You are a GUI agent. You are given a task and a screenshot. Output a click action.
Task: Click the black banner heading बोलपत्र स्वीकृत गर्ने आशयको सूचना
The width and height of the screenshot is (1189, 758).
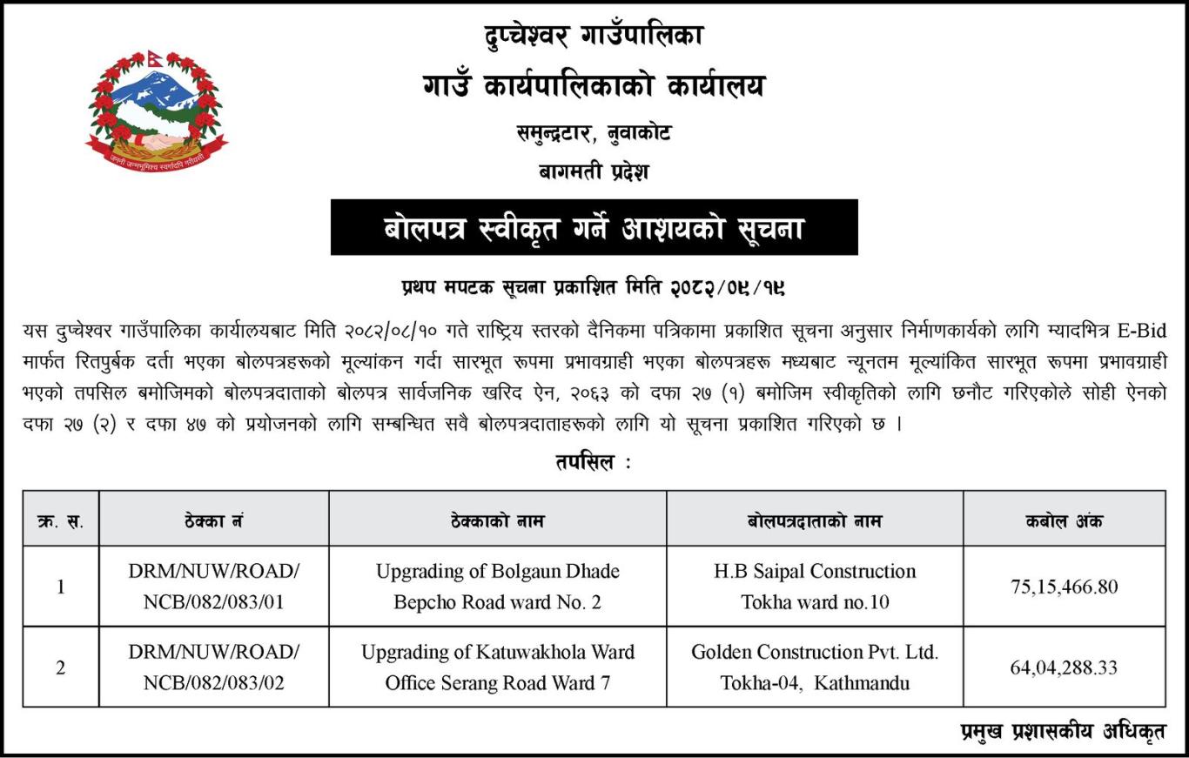click(x=594, y=228)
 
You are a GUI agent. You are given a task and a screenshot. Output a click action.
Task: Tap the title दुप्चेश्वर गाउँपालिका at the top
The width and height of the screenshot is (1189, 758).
click(x=594, y=36)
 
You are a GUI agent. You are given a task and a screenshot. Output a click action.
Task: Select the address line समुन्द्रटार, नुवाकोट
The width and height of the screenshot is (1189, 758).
click(x=594, y=133)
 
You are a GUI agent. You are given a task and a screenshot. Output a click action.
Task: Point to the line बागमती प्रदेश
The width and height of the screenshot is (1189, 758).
click(x=594, y=171)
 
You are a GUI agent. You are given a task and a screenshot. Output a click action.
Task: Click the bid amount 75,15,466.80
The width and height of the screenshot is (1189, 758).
click(x=1064, y=587)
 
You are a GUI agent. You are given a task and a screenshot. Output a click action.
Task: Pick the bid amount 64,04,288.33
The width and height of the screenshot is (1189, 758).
click(x=1064, y=668)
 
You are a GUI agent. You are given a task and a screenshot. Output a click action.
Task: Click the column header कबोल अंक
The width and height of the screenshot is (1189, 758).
click(x=1064, y=521)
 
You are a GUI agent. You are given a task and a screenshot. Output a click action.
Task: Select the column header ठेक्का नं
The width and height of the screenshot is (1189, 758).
click(x=213, y=521)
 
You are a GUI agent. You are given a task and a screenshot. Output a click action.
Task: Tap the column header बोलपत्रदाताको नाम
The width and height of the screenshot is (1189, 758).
click(x=815, y=521)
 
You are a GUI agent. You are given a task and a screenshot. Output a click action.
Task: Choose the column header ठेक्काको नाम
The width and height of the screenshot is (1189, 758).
click(x=497, y=521)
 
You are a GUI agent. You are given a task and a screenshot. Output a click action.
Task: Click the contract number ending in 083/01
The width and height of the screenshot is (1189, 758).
click(x=213, y=587)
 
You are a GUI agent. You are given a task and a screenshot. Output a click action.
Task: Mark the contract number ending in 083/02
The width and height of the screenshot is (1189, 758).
click(x=213, y=667)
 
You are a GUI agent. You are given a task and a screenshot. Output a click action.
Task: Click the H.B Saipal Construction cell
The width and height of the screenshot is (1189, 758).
click(x=815, y=587)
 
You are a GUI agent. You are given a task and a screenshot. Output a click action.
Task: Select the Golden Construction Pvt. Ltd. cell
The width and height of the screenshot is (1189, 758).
click(x=815, y=667)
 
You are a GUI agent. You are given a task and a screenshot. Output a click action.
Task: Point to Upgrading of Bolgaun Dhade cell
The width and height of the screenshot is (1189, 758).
click(x=497, y=587)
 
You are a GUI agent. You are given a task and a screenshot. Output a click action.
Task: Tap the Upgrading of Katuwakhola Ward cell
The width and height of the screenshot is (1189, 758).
click(x=497, y=667)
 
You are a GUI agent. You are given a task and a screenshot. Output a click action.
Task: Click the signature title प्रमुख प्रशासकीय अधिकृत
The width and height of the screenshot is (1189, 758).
click(x=1062, y=732)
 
